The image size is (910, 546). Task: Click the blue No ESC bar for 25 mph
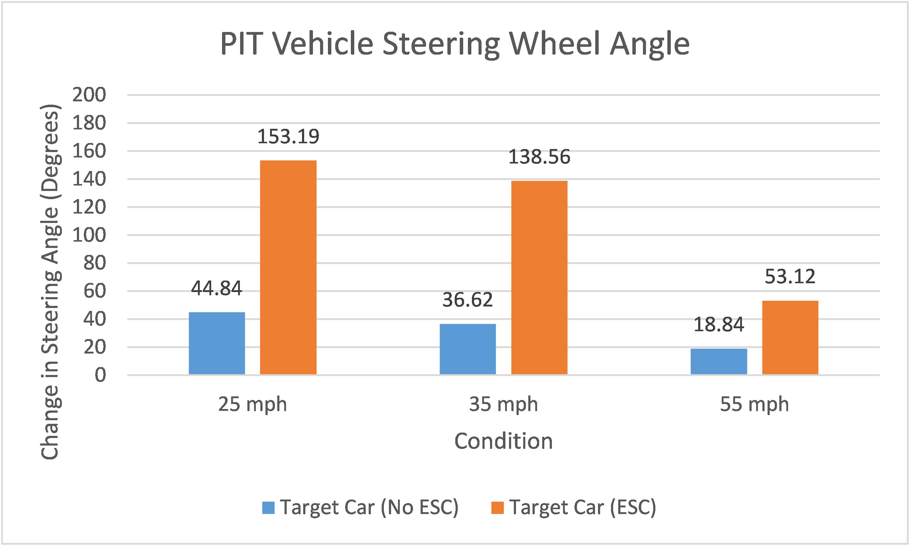pyautogui.click(x=217, y=343)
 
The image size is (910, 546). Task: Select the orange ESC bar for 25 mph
pyautogui.click(x=288, y=268)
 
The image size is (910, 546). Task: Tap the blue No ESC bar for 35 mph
pyautogui.click(x=468, y=349)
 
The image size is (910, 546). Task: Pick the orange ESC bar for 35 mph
pyautogui.click(x=539, y=278)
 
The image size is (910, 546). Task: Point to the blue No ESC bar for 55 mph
pyautogui.click(x=719, y=362)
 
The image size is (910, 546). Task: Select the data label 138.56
pyautogui.click(x=539, y=157)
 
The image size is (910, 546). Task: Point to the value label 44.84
pyautogui.click(x=217, y=288)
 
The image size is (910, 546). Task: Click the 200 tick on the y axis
pyautogui.click(x=89, y=95)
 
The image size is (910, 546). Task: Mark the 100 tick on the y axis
pyautogui.click(x=89, y=236)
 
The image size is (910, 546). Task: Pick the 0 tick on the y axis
pyautogui.click(x=100, y=376)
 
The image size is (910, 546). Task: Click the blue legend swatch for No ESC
pyautogui.click(x=268, y=508)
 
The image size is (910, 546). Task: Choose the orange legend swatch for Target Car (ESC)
pyautogui.click(x=497, y=508)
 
